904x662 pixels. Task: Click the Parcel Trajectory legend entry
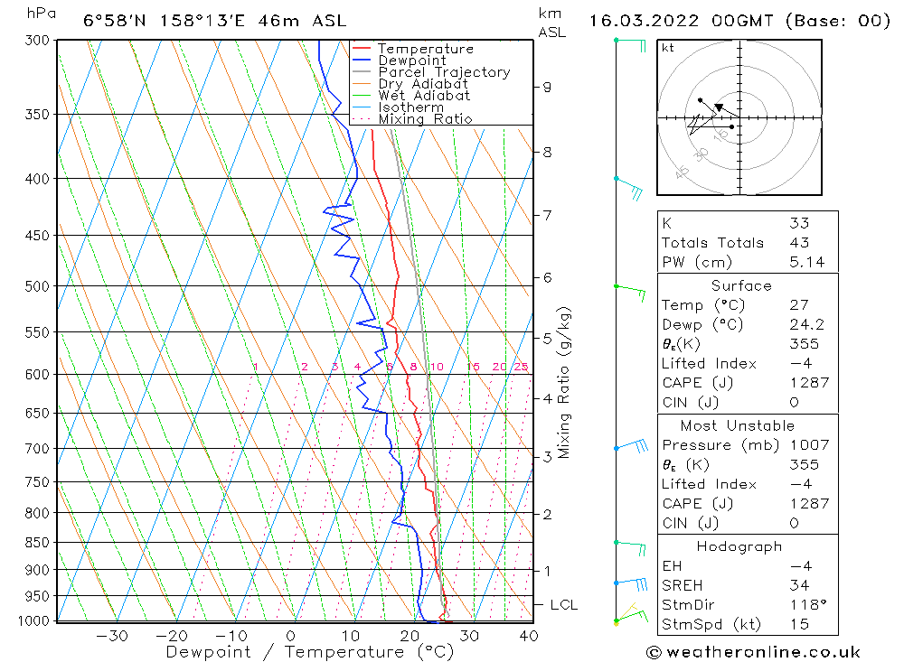444,72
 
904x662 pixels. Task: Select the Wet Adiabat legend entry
424,96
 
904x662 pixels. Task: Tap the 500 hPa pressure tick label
38,286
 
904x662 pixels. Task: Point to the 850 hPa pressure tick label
38,543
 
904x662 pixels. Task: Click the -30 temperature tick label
112,636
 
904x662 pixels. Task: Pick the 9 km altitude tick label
547,87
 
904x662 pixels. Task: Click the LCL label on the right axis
563,604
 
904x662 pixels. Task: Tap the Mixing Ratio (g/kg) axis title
565,383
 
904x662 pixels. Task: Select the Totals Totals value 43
799,243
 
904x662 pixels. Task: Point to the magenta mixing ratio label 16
473,367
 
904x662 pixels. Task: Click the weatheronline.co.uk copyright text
753,652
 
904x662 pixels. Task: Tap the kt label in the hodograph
668,48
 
